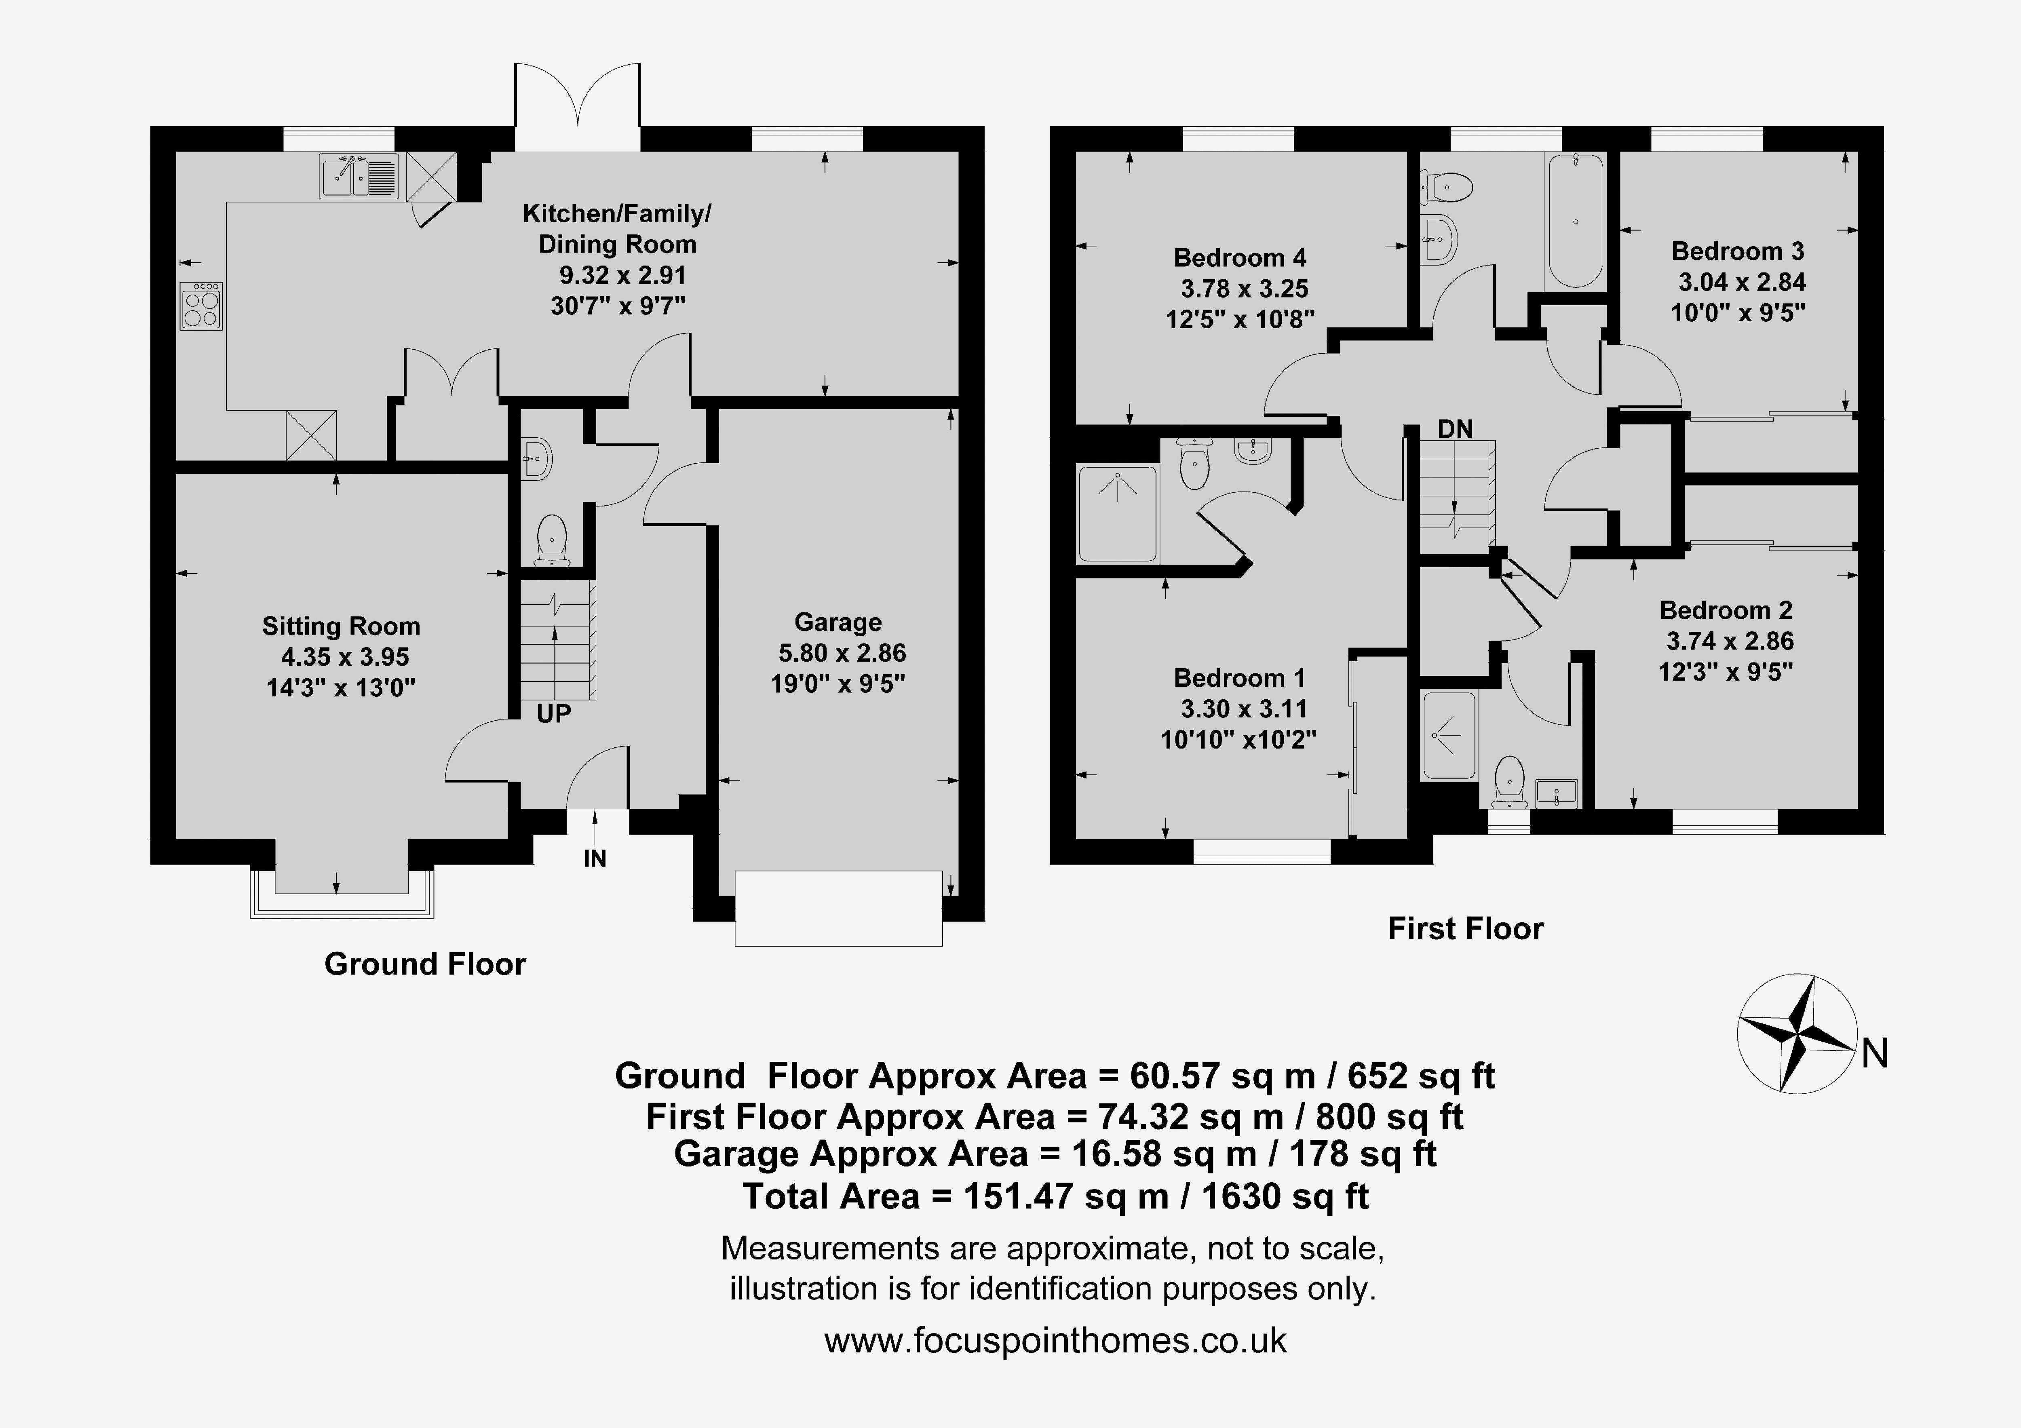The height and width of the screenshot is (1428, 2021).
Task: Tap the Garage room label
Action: click(838, 622)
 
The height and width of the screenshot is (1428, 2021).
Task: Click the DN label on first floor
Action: click(1455, 429)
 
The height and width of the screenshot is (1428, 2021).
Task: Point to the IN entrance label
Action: click(595, 858)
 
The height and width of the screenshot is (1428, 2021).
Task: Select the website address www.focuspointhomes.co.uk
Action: click(1055, 1341)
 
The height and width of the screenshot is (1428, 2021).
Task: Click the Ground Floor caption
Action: click(425, 964)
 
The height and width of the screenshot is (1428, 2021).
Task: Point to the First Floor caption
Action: click(1466, 929)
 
